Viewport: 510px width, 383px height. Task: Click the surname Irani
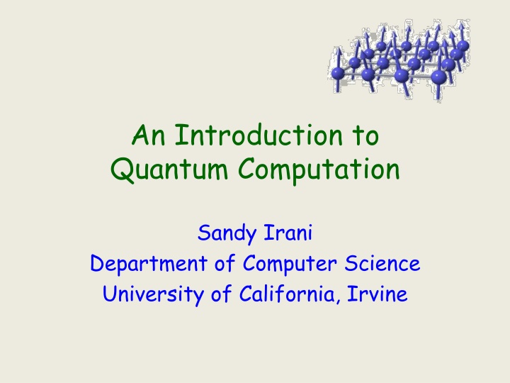point(283,233)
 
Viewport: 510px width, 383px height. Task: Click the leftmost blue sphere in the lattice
point(339,72)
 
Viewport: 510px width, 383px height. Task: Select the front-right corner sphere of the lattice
point(439,77)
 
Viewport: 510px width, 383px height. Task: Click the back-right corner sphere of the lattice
point(463,45)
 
